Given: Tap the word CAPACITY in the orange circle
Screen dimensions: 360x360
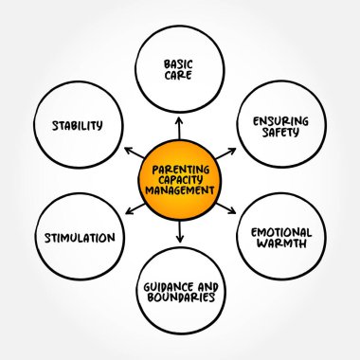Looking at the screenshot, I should pos(180,171).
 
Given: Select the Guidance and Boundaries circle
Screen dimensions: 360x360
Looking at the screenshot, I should pos(181,290).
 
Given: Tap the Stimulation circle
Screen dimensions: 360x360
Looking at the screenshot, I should pos(81,237).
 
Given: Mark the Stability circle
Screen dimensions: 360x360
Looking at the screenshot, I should pos(81,122).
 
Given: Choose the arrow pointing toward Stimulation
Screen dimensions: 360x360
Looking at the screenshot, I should pos(131,207).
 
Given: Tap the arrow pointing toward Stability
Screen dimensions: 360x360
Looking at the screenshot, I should pos(132,150).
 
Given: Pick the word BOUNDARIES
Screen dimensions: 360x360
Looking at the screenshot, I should pos(181,297).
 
